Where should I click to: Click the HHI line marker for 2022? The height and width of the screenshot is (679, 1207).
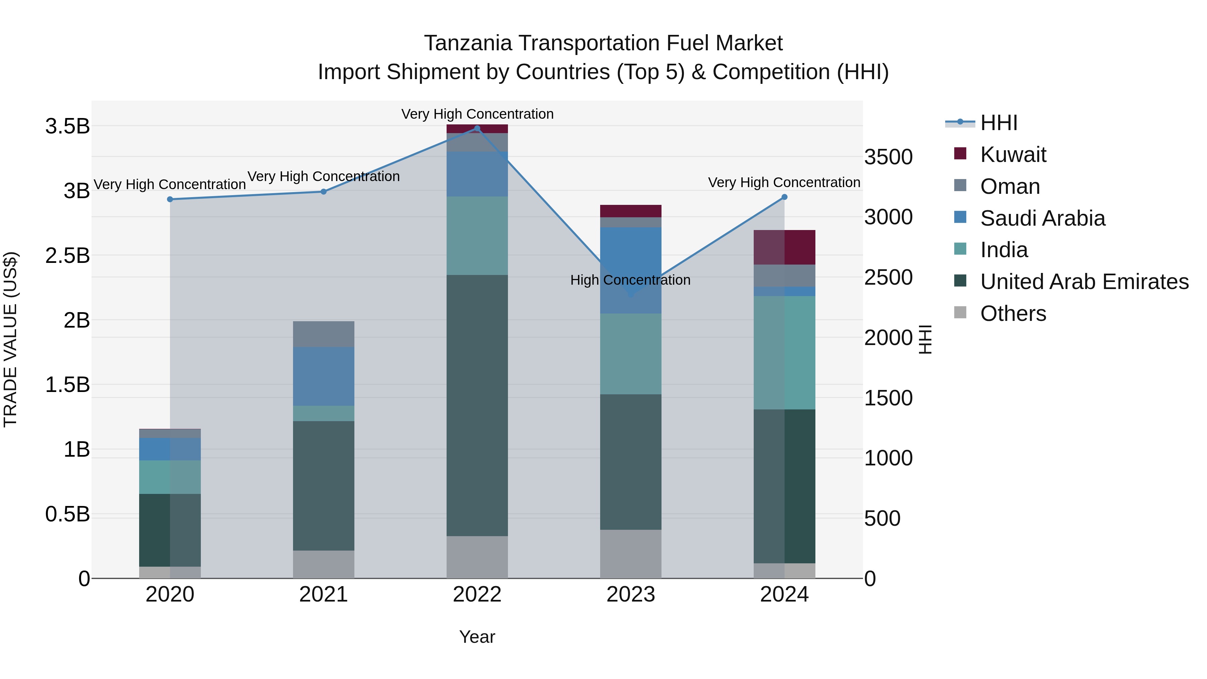tap(477, 128)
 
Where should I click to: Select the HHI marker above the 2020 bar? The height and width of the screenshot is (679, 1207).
tap(170, 199)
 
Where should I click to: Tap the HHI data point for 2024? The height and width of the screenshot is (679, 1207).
tap(784, 197)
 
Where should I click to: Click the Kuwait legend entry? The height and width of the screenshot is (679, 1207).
tap(1013, 155)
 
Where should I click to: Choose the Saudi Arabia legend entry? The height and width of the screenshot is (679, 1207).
tap(1042, 218)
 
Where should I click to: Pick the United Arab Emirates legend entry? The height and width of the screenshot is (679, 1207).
tap(1084, 282)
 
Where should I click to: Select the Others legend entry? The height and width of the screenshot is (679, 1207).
tap(1013, 314)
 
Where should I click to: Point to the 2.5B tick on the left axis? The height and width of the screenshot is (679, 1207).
tap(67, 256)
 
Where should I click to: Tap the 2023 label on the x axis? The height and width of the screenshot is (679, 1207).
tap(631, 595)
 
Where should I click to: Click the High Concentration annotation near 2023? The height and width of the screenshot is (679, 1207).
tap(630, 280)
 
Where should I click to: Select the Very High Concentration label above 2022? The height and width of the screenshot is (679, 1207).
tap(477, 114)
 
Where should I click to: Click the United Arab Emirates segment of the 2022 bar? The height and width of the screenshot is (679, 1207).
tap(477, 405)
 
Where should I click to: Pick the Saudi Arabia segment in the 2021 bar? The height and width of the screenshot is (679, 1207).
tap(323, 376)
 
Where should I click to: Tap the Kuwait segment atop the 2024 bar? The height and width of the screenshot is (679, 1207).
tap(784, 247)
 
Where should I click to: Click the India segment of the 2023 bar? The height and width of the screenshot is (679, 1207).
tap(631, 354)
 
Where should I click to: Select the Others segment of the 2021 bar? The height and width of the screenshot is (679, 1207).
tap(323, 564)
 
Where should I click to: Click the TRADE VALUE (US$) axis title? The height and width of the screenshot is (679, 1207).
tap(10, 339)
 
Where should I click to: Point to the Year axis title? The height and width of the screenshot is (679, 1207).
tap(477, 637)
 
